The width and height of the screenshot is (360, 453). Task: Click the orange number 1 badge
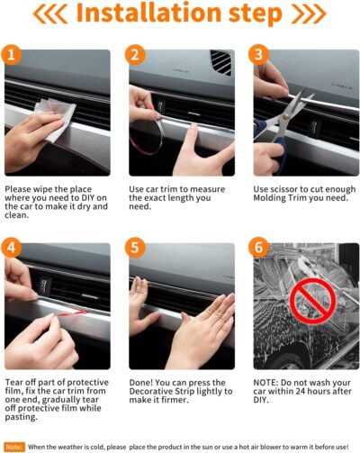click(x=13, y=56)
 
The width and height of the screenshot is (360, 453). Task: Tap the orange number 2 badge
click(x=137, y=56)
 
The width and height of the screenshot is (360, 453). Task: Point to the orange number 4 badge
click(x=13, y=247)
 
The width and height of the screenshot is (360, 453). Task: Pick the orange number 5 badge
click(x=137, y=247)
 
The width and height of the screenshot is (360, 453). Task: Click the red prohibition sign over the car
click(x=310, y=301)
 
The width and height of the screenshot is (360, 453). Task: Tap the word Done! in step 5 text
click(x=144, y=379)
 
